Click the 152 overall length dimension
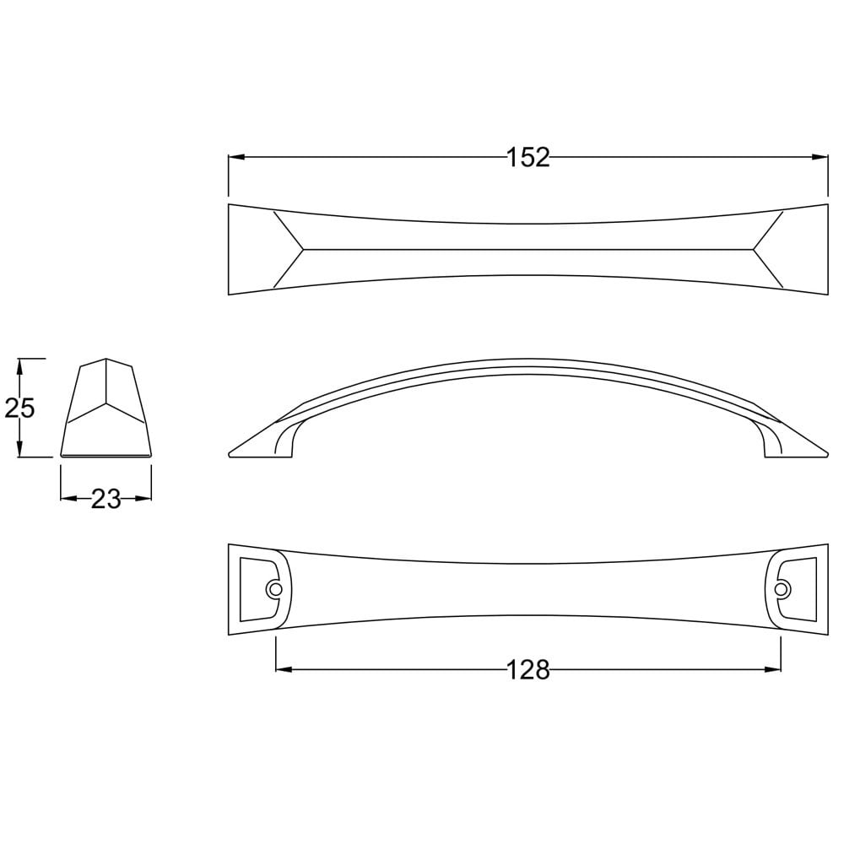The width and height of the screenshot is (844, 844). pos(528,157)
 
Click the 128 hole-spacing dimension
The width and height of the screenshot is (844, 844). pos(528,670)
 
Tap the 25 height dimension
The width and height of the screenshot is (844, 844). pos(19,408)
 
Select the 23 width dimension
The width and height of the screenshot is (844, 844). pos(106,499)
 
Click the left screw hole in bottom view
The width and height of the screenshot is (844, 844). pos(275,589)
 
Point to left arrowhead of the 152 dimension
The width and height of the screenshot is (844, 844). pos(237,157)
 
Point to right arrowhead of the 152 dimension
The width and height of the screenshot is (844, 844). pos(820,157)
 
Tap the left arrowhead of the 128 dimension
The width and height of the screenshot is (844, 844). pos(284,670)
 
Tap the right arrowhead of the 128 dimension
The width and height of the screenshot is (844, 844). pos(772,670)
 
